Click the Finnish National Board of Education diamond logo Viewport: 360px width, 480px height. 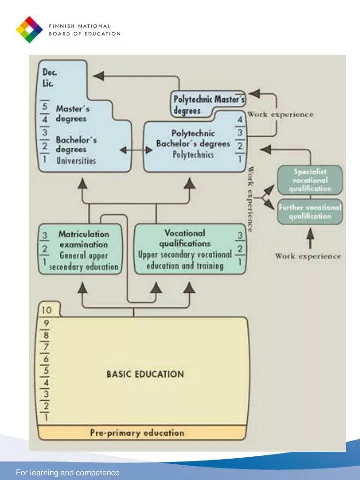point(29,29)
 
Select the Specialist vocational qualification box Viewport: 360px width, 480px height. point(310,180)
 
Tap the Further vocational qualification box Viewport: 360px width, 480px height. point(310,212)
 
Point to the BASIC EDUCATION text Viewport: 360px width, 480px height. point(145,374)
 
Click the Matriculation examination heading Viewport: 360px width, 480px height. point(83,239)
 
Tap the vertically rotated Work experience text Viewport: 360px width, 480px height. point(250,199)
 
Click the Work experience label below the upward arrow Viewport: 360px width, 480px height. point(308,256)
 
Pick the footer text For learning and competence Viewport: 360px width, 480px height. point(68,472)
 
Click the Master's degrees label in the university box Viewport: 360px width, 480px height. point(71,113)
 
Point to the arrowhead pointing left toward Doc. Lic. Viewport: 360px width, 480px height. point(99,76)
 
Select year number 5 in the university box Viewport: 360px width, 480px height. point(45,106)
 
